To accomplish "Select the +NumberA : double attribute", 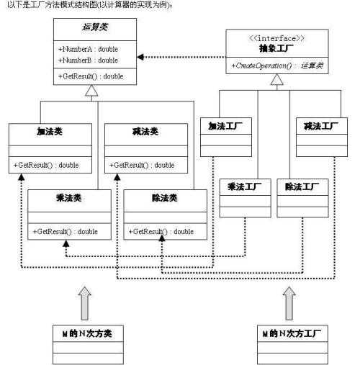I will pos(88,48).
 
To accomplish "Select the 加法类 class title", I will pos(51,133).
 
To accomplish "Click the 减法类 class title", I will pos(146,133).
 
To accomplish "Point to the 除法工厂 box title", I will pos(297,187).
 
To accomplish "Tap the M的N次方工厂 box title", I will pos(291,334).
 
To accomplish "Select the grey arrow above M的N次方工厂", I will pos(290,301).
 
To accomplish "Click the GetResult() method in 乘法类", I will pos(65,231).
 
